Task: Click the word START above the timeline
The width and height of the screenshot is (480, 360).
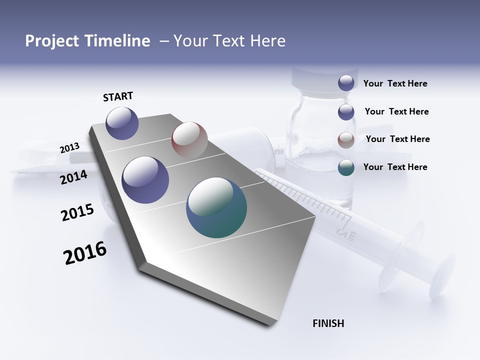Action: [x=118, y=96]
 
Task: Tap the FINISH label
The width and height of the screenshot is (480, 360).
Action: [x=328, y=323]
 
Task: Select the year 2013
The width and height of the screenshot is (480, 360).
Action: [x=69, y=148]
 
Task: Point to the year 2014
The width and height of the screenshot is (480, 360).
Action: [x=73, y=177]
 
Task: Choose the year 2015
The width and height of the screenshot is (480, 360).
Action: [x=77, y=212]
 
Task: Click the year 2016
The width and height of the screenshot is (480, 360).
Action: [x=85, y=253]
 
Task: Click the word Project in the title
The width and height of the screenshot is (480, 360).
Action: [x=52, y=41]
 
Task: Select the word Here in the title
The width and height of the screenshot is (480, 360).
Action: [x=267, y=41]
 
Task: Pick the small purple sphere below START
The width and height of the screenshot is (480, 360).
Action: [x=122, y=123]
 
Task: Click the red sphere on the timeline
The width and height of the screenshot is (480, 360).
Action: [x=189, y=139]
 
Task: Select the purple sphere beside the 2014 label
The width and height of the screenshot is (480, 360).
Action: [x=145, y=180]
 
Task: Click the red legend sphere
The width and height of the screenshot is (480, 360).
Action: [x=346, y=140]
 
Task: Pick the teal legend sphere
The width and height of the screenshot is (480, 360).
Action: [x=346, y=167]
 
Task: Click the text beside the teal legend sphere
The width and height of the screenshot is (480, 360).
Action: [x=395, y=167]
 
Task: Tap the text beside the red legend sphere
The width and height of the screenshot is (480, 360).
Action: [x=397, y=139]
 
